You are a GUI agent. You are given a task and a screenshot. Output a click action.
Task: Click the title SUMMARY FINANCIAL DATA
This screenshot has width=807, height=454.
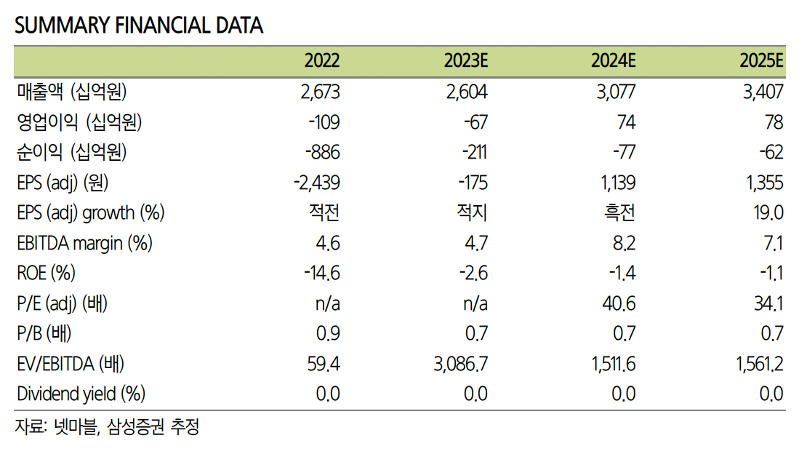click(139, 25)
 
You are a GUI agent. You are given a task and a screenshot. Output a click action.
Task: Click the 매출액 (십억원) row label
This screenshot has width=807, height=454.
click(72, 92)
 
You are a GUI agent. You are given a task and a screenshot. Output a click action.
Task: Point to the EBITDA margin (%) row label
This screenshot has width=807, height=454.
click(84, 243)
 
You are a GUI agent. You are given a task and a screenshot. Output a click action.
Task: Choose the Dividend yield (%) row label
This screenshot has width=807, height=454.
click(81, 394)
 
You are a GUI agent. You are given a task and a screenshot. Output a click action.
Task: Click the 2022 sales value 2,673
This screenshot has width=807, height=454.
click(319, 92)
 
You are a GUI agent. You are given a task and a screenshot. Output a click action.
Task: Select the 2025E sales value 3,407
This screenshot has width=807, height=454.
click(762, 92)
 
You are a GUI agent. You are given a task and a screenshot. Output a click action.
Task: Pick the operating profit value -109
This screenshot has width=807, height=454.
click(323, 122)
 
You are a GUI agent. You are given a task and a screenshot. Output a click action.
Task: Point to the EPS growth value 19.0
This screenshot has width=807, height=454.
click(767, 213)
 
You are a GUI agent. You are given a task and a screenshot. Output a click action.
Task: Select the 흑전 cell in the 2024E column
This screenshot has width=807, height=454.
click(619, 213)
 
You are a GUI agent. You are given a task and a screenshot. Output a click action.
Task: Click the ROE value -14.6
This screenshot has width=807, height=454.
click(321, 274)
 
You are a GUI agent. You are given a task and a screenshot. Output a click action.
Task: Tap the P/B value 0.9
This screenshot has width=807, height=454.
click(328, 334)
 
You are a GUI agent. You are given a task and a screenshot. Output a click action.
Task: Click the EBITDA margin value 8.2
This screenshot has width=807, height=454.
click(622, 243)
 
